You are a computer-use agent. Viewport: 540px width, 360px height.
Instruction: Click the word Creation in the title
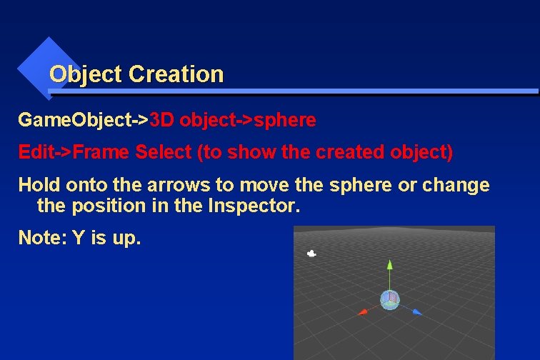coord(176,74)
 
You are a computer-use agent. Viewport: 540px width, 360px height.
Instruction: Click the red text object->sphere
coord(247,120)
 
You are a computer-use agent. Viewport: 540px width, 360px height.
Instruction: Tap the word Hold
coord(39,185)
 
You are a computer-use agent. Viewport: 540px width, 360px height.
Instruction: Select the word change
coord(456,185)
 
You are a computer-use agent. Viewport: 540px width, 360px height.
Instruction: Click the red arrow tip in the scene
coord(363,311)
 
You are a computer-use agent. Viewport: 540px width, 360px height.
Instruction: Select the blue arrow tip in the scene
coord(418,311)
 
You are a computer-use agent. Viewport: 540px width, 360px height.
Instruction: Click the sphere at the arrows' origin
coord(389,299)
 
